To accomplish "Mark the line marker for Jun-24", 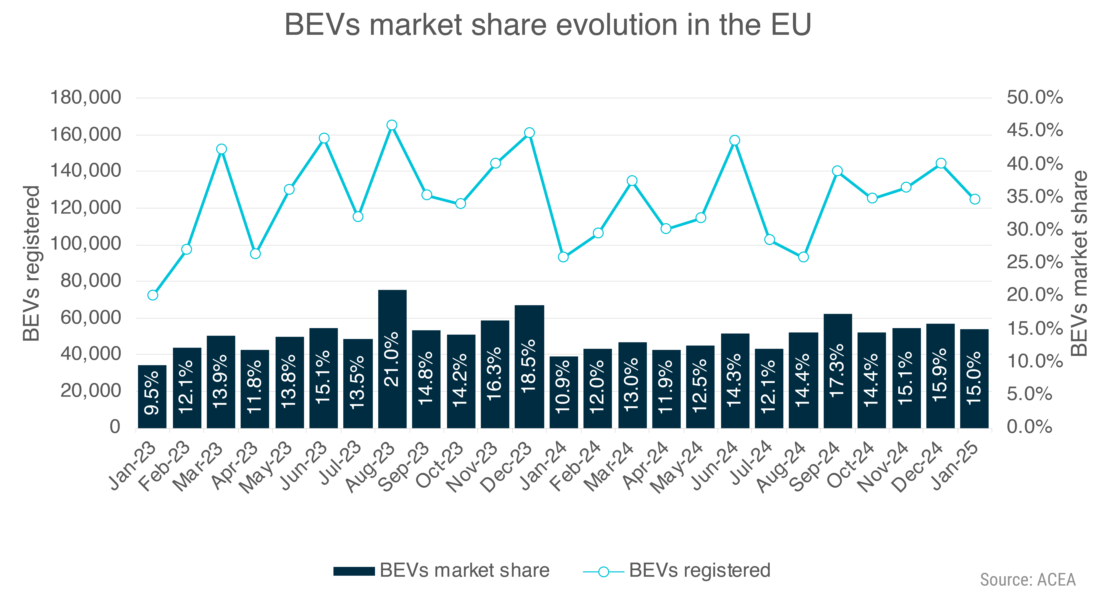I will click(735, 140).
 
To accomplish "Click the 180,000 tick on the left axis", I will click(86, 98).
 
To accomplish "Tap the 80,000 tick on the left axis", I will click(91, 281).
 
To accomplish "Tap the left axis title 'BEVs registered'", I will click(32, 263).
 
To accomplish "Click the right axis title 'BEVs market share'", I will click(1079, 263).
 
